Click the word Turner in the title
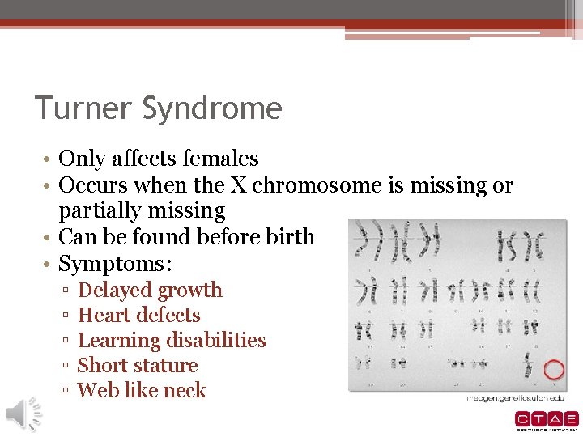click(x=78, y=108)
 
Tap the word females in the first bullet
click(x=219, y=159)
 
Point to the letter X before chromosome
click(x=239, y=185)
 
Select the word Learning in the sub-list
click(x=119, y=341)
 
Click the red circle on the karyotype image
click(x=554, y=371)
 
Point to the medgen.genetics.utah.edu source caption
click(x=515, y=399)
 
